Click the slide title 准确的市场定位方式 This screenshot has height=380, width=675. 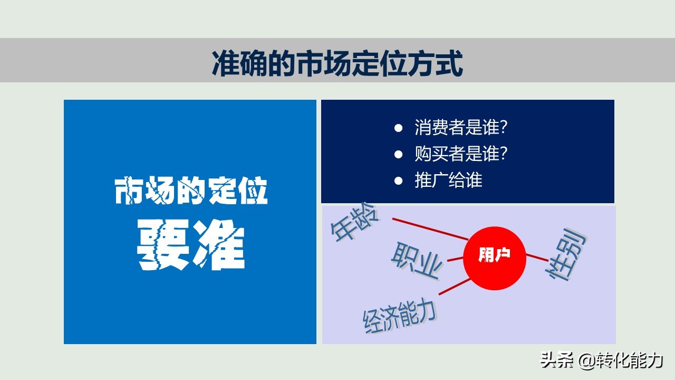pyautogui.click(x=337, y=64)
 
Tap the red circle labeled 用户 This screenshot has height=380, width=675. pyautogui.click(x=495, y=259)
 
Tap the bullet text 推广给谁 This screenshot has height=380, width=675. pyautogui.click(x=448, y=180)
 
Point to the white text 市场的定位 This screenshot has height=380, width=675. pyautogui.click(x=191, y=192)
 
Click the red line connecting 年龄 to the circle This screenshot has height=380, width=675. pyautogui.click(x=430, y=228)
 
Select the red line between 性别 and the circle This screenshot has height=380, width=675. pyautogui.click(x=537, y=258)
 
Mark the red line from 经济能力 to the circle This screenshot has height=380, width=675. pyautogui.click(x=455, y=287)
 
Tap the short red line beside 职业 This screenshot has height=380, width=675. pyautogui.click(x=455, y=259)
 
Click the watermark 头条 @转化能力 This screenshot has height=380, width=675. pyautogui.click(x=601, y=360)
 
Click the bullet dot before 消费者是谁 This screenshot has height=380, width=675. pyautogui.click(x=399, y=128)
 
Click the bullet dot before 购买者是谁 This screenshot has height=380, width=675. pyautogui.click(x=399, y=154)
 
